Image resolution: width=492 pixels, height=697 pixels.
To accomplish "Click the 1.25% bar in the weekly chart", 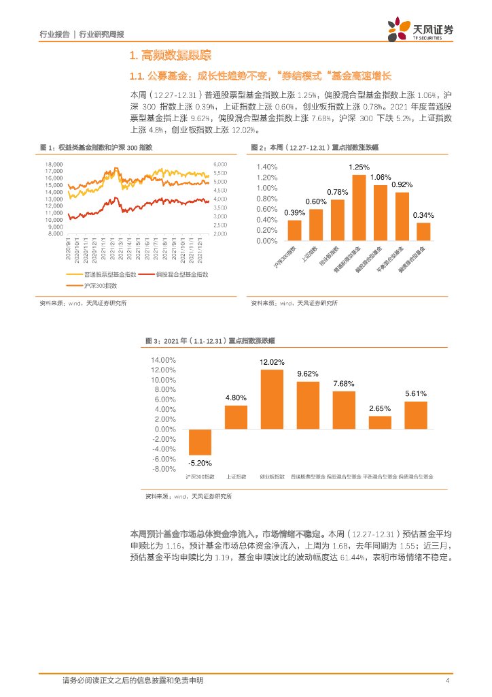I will pos(359,208).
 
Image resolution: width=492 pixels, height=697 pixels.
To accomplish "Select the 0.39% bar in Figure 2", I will pos(294,230).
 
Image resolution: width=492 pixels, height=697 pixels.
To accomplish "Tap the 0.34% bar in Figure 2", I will pos(423,231).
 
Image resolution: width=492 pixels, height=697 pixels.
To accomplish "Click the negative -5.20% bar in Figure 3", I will pos(200,442).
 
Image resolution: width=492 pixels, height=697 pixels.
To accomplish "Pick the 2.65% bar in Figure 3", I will pos(380,422).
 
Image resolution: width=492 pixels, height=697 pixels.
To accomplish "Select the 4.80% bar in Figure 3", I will pos(236,417).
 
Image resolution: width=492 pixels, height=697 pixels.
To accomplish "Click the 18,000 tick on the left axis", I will pos(54,164).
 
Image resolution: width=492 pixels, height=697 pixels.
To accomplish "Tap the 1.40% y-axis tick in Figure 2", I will pos(267,167).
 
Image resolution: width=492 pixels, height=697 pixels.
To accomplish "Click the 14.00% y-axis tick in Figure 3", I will pos(164,359).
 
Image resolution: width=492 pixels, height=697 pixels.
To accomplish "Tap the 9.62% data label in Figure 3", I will pos(308,374).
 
